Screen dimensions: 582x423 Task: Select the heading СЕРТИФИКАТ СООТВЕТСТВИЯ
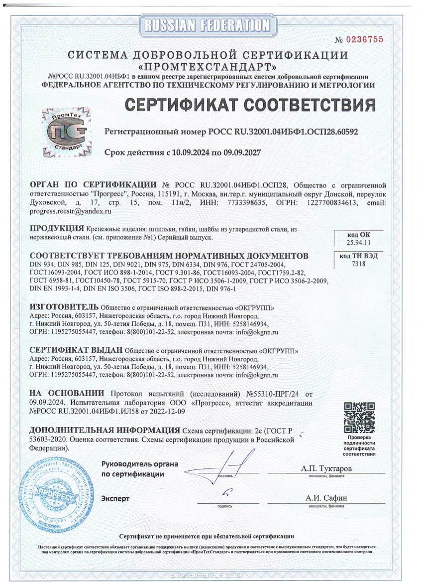pos(249,105)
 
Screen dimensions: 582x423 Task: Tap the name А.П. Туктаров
pos(326,469)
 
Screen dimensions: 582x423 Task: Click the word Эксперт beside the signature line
pos(115,498)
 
